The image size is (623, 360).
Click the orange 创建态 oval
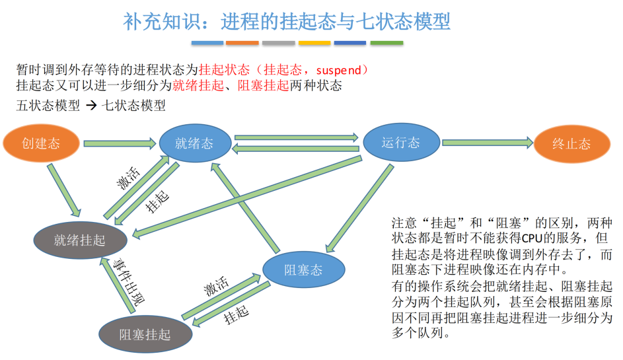pos(41,143)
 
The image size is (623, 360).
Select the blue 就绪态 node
pos(194,143)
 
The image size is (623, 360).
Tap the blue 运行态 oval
pos(400,143)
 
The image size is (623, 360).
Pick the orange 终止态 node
pos(571,144)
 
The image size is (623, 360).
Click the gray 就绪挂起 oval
pos(79,239)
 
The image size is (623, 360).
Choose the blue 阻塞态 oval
pos(303,270)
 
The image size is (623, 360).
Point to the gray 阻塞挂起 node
pos(145,334)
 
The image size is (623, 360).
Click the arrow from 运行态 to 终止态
pos(488,142)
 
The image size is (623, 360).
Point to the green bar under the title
pos(386,43)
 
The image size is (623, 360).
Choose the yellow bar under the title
pos(314,43)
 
